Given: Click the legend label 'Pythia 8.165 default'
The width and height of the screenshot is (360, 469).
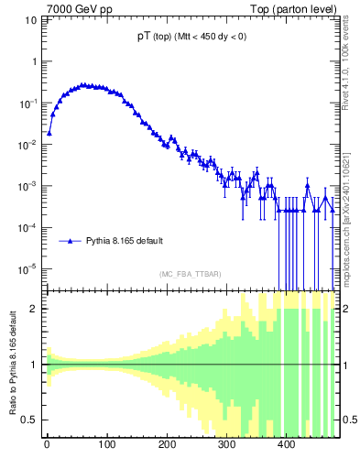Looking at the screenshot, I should pyautogui.click(x=125, y=241).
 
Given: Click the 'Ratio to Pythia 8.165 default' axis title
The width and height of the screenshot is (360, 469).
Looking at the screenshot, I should pyautogui.click(x=12, y=365).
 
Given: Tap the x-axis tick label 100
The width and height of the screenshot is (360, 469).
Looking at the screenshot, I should pyautogui.click(x=106, y=446).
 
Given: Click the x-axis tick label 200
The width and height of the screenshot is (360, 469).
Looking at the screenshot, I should pyautogui.click(x=167, y=446).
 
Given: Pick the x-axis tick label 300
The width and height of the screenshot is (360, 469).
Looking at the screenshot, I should pyautogui.click(x=226, y=446).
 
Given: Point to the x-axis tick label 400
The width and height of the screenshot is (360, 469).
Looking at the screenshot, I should pyautogui.click(x=286, y=446).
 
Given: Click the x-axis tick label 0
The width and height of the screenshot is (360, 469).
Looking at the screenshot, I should pyautogui.click(x=47, y=446).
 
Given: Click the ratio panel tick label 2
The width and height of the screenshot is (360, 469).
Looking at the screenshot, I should pyautogui.click(x=35, y=309).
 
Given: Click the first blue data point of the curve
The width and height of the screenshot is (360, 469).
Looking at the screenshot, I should pyautogui.click(x=49, y=132).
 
